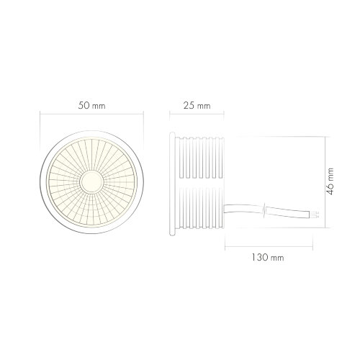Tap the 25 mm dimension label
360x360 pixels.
[x=197, y=106]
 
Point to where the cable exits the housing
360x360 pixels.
[x=225, y=209]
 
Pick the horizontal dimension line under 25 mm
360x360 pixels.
[x=197, y=114]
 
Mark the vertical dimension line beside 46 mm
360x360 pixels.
[x=321, y=183]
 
